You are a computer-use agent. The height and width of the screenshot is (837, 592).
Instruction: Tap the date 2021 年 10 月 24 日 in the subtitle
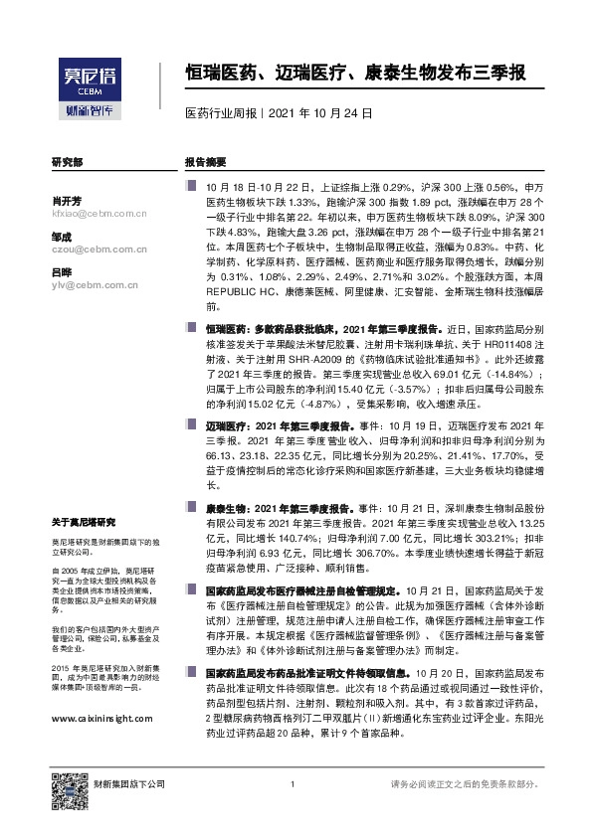tap(320, 113)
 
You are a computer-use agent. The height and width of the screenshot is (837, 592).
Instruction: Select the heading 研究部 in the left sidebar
tap(68, 160)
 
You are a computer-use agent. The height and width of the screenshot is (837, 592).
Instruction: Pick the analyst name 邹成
tap(61, 237)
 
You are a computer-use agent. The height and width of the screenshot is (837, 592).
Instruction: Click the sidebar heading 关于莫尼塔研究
tap(84, 521)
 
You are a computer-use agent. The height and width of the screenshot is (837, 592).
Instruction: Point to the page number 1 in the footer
tap(292, 785)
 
